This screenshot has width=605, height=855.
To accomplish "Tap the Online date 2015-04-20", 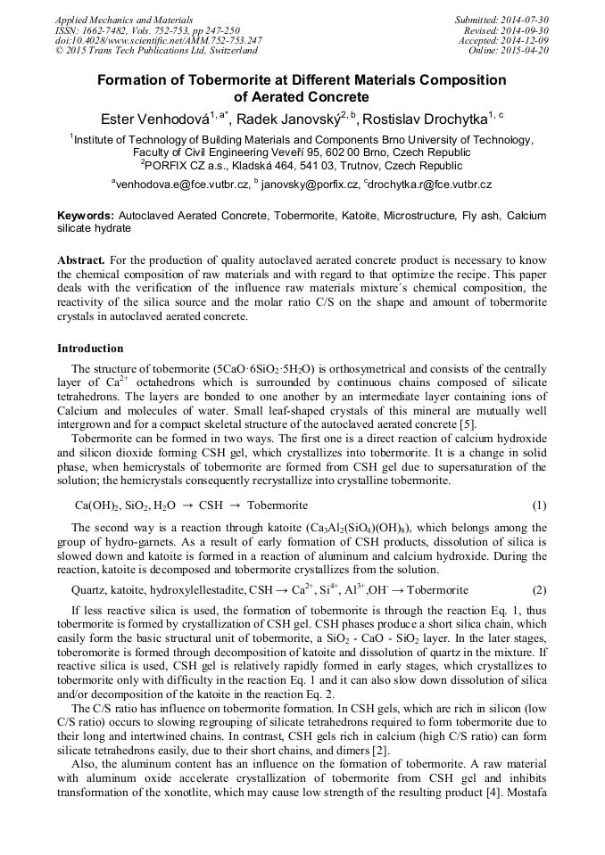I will coord(525,50).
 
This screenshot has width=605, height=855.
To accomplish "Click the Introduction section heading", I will coord(90,349).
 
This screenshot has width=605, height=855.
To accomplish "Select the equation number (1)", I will coord(539,506).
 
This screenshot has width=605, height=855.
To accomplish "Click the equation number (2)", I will coord(539,590).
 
